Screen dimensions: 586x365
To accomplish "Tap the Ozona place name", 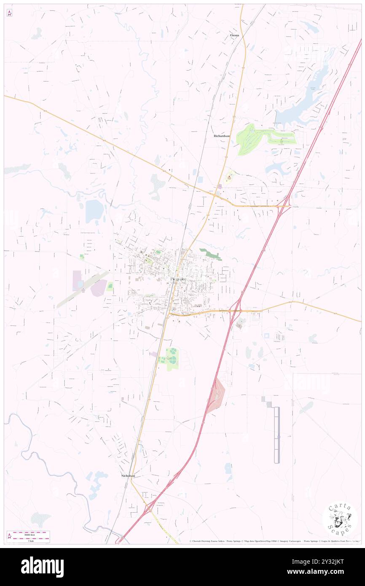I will click(x=234, y=35).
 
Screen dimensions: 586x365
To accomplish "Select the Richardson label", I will click(x=222, y=136).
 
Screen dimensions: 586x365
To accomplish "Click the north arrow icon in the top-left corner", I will click(x=9, y=13).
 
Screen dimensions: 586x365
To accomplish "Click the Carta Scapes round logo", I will click(x=340, y=519).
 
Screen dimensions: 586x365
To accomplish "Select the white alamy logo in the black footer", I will click(x=42, y=567).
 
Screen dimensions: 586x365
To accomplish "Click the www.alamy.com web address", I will click(x=321, y=572).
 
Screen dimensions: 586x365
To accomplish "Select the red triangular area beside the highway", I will click(x=216, y=396).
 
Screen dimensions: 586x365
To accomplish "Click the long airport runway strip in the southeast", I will click(x=276, y=434).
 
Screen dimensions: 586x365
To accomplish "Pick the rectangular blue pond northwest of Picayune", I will click(x=94, y=211).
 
